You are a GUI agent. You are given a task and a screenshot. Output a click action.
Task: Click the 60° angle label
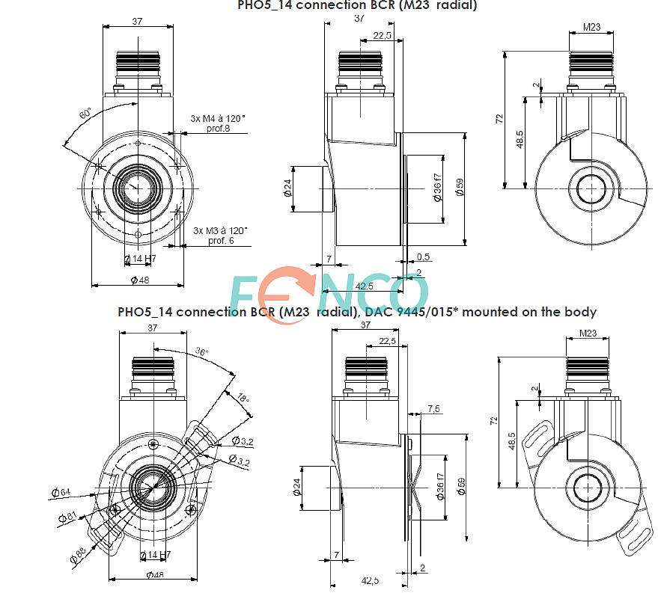86,114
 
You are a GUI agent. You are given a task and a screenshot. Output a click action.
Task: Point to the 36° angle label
202,351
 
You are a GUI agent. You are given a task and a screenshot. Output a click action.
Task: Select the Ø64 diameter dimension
61,492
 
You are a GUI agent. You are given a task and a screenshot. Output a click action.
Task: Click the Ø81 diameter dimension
72,517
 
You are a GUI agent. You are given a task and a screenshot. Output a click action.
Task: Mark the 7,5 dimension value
433,408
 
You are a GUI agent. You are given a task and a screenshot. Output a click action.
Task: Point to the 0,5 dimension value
423,257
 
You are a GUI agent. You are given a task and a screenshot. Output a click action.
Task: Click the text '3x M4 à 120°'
218,118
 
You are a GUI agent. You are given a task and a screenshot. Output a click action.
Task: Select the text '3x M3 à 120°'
220,231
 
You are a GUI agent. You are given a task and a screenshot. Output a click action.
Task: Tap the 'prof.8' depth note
219,129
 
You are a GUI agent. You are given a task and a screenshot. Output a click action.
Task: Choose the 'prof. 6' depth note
221,241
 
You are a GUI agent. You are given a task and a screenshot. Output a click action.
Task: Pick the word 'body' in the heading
579,312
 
